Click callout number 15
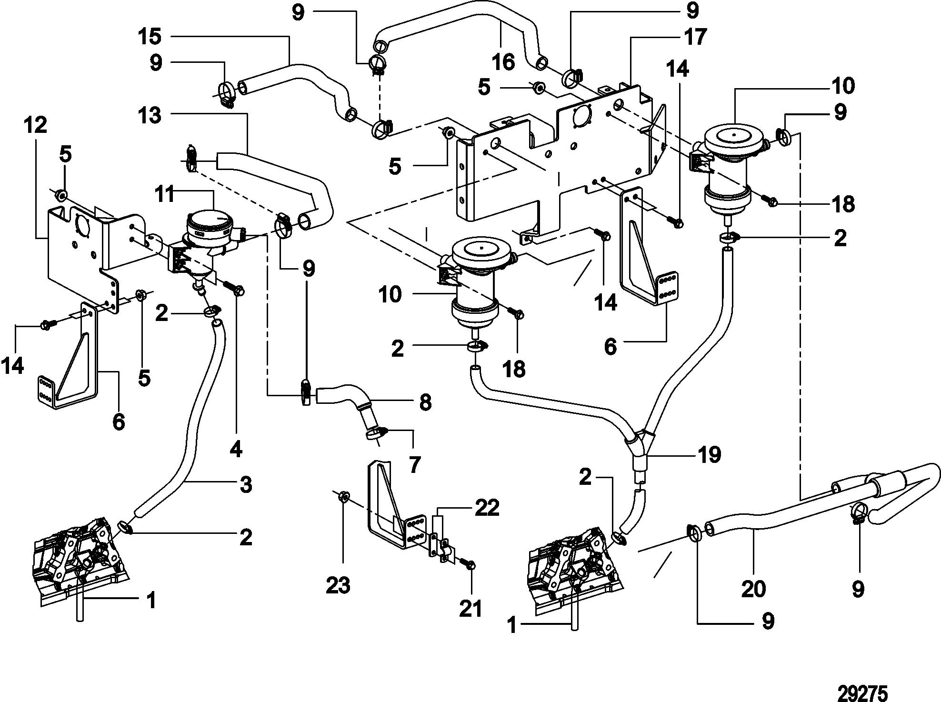pos(150,36)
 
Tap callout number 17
pos(695,37)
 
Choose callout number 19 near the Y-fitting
pos(709,455)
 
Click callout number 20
pos(753,589)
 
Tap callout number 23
pos(338,585)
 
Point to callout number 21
pos(470,608)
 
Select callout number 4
pos(236,449)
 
